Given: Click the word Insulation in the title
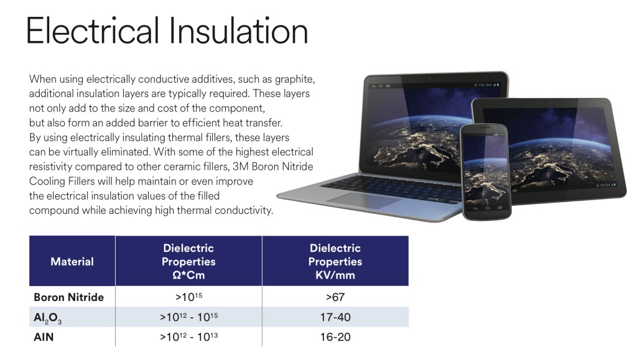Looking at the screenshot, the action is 238,31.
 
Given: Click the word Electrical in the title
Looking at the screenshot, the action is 93,31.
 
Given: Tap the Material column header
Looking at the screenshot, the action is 72,261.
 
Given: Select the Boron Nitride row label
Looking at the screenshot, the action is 68,297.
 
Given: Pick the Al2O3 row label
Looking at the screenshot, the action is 47,317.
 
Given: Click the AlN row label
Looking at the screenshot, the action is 44,337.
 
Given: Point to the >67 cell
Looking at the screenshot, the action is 335,297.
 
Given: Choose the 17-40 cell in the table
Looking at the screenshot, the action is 335,317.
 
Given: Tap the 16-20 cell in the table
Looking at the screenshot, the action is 335,337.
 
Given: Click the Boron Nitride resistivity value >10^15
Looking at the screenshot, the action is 188,297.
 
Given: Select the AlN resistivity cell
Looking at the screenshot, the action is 188,336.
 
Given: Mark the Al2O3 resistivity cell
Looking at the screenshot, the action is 188,316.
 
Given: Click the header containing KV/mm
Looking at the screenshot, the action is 335,261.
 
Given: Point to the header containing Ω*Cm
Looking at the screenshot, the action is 188,261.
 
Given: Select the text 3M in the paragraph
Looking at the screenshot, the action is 241,167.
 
